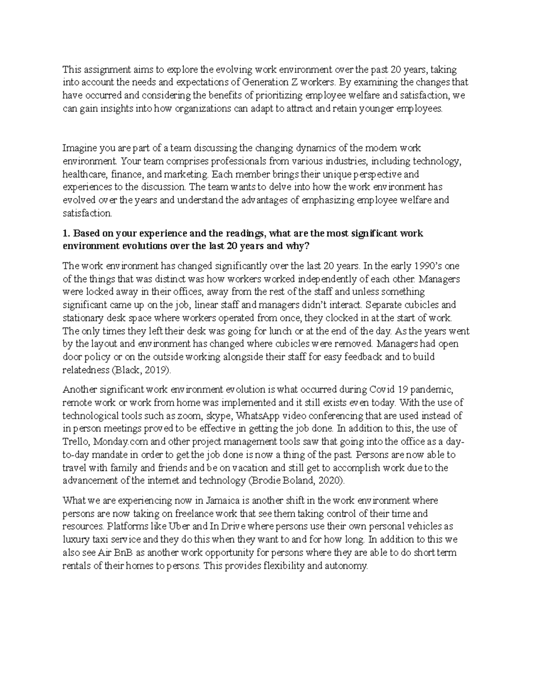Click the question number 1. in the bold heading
(x=66, y=233)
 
